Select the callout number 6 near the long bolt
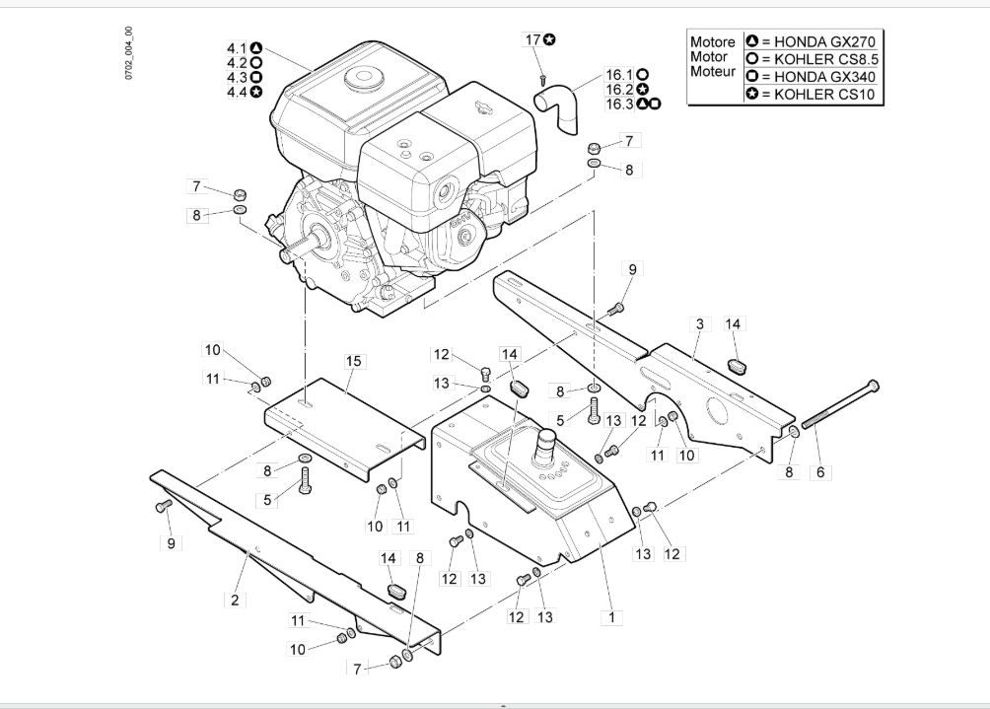(x=818, y=472)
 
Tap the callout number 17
(x=532, y=39)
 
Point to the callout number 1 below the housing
(x=612, y=618)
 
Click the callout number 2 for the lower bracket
(x=235, y=599)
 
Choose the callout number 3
(x=699, y=324)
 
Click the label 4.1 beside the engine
(x=237, y=47)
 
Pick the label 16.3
(x=619, y=104)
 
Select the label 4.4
(x=237, y=92)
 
